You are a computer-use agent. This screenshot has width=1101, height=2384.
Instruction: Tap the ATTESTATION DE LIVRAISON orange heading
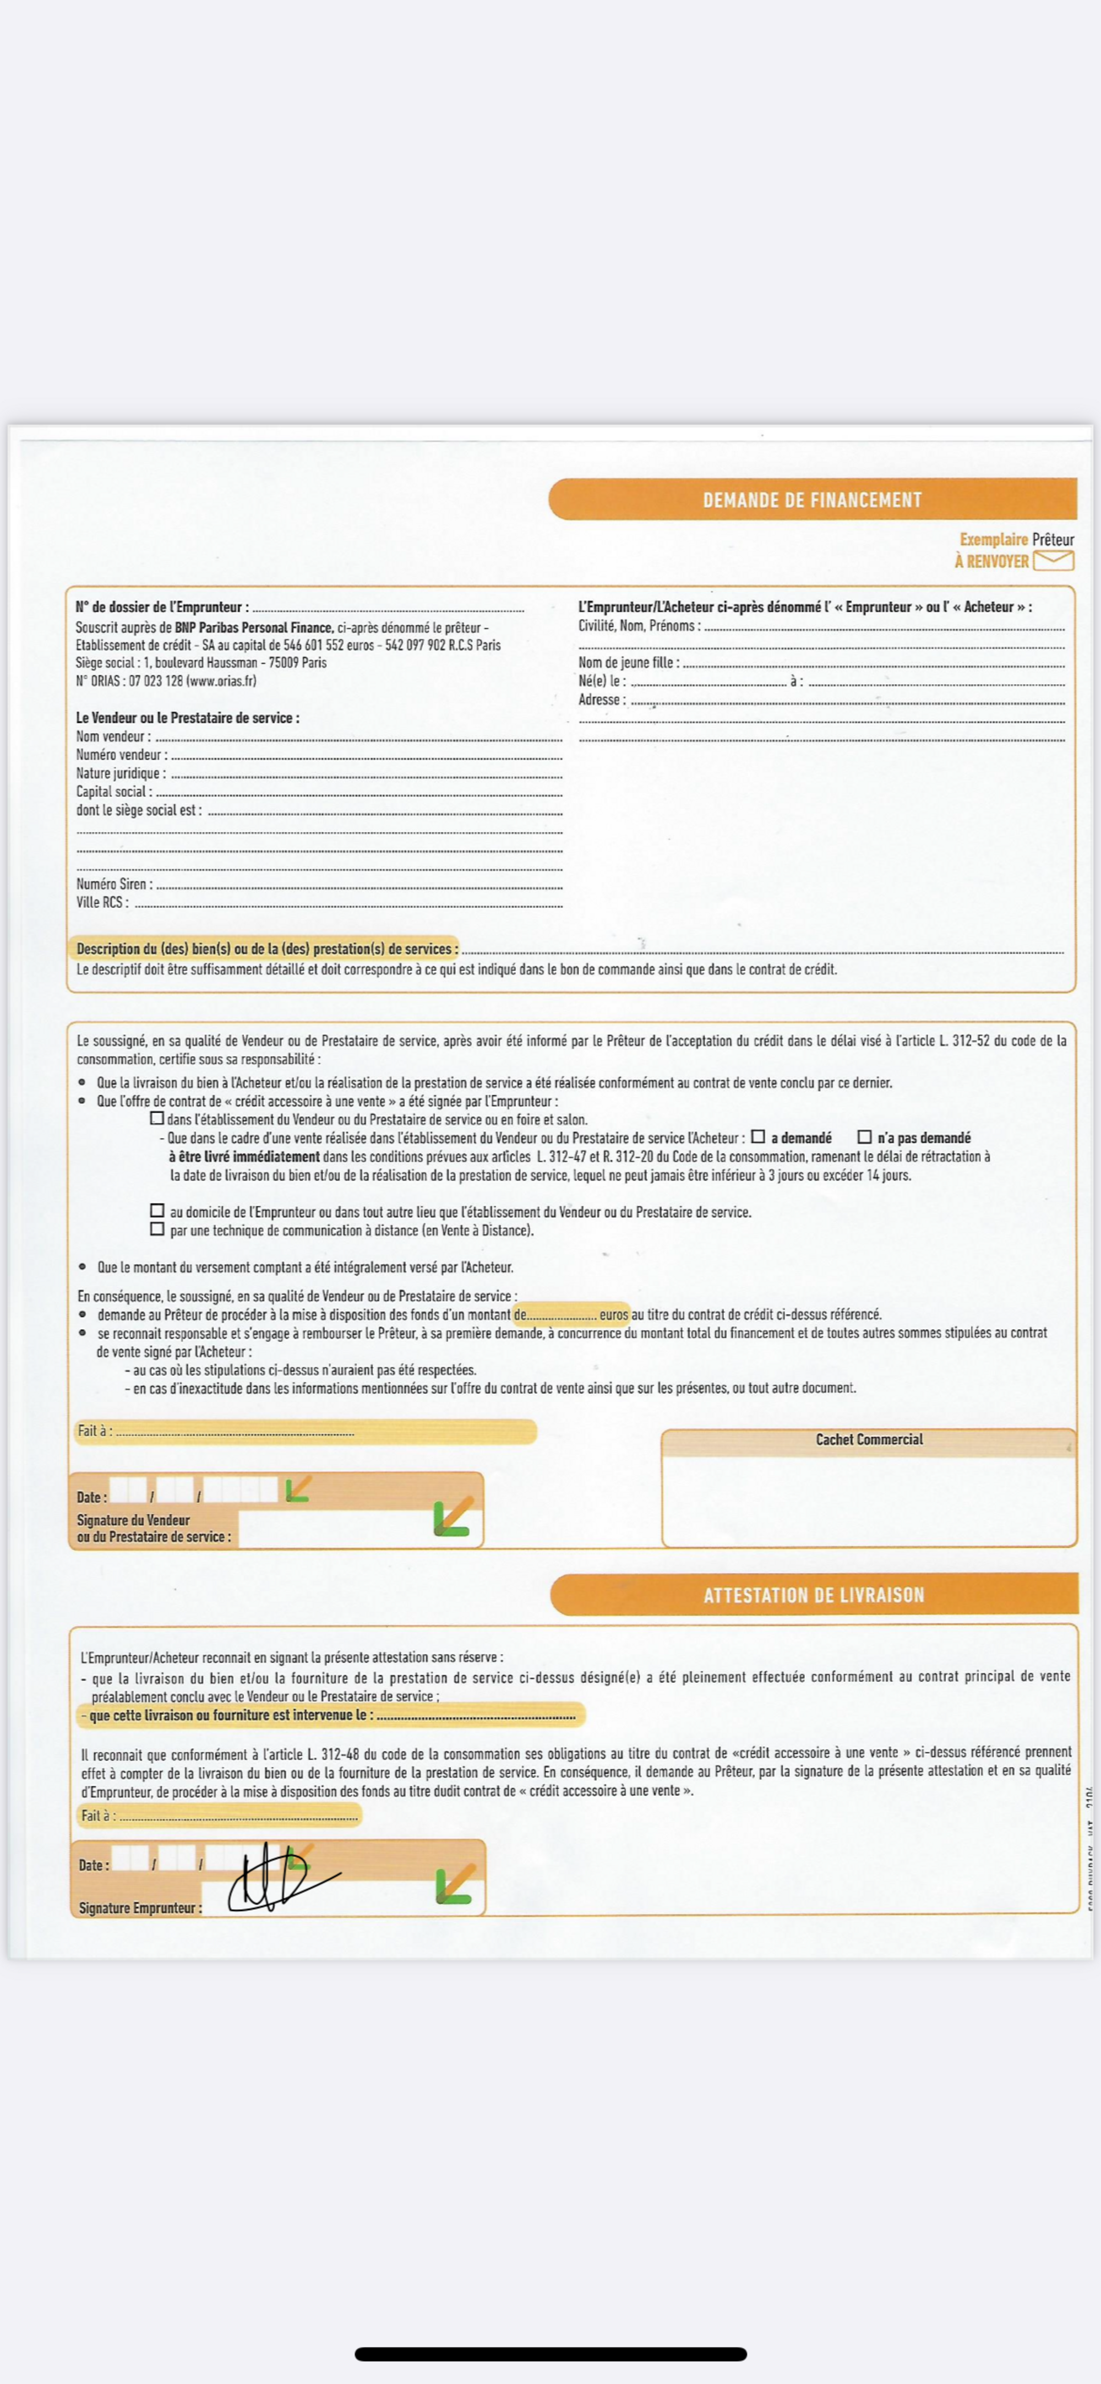813,1595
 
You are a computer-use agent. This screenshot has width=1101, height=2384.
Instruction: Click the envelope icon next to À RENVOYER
1053,560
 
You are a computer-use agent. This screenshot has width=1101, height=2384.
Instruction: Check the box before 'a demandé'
757,1136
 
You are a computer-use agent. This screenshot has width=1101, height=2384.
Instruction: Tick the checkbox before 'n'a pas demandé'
864,1136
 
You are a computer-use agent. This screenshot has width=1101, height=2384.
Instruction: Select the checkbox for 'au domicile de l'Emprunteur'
157,1211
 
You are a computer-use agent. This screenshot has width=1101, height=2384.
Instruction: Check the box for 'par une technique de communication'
157,1229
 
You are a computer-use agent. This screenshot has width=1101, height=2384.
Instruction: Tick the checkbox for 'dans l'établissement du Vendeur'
157,1118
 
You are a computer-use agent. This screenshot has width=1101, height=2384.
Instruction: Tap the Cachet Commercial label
869,1439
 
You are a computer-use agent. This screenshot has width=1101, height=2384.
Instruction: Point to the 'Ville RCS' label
102,902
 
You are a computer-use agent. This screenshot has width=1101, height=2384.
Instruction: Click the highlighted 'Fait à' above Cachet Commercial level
94,1431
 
